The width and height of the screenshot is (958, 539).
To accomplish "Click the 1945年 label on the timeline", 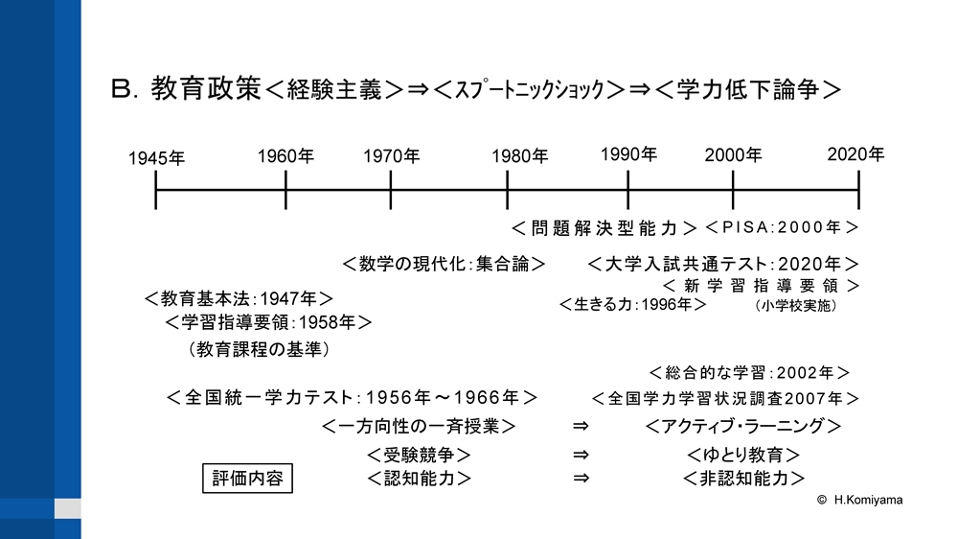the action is [156, 158].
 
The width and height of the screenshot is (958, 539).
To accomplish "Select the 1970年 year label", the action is [392, 156].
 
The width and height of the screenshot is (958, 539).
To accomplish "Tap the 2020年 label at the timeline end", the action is [855, 154].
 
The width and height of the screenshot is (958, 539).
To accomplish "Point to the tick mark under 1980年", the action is [507, 190].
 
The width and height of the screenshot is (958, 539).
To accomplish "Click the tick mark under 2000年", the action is [733, 190].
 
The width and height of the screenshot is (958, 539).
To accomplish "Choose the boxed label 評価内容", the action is [247, 478].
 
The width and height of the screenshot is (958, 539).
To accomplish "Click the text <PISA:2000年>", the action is [782, 227].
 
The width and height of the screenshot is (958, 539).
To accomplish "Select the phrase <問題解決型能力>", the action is [604, 228].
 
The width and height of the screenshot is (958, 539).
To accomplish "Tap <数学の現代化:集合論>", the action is [445, 264].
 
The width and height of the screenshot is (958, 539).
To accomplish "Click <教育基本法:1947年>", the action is [239, 298].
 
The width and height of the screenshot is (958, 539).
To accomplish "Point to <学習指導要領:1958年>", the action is [268, 322].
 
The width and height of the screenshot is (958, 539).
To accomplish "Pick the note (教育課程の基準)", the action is [259, 349].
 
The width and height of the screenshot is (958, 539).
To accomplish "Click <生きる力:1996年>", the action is [633, 304].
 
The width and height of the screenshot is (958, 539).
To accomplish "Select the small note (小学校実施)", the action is [795, 305].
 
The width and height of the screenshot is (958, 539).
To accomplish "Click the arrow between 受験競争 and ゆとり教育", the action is [582, 455].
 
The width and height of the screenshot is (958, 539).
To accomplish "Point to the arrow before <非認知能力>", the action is [582, 478].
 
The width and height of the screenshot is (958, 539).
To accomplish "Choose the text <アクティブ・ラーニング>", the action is [743, 426].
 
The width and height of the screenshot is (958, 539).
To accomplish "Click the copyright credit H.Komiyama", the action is [860, 500].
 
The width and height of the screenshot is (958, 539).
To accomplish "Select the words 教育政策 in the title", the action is [207, 88].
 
